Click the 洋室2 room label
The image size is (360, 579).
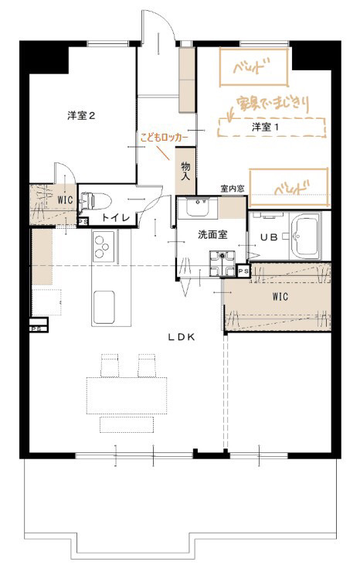tap(81, 116)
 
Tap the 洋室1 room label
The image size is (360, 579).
tap(266, 128)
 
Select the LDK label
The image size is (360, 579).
tap(181, 337)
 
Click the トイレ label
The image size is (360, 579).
tap(116, 217)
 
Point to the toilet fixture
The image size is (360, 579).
tap(95, 200)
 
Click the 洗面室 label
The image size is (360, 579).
tap(212, 234)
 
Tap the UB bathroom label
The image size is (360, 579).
tap(269, 237)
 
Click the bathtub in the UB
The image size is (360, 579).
tap(306, 237)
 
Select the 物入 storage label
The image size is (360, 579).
tap(185, 172)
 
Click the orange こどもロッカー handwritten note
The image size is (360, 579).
tap(164, 138)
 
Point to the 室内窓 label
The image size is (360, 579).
tap(233, 189)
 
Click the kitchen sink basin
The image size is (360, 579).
tap(104, 306)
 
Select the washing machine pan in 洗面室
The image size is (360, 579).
tap(222, 264)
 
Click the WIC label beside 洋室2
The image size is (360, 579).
tap(65, 200)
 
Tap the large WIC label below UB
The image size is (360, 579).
tap(280, 297)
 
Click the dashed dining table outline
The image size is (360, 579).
tap(127, 395)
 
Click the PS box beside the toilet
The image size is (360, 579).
tap(83, 222)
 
